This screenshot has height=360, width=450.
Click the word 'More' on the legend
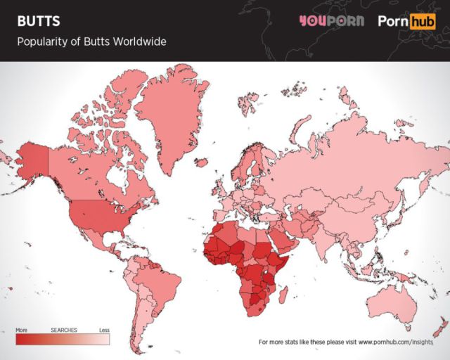click(x=21, y=329)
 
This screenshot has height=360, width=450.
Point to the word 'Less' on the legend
click(x=104, y=329)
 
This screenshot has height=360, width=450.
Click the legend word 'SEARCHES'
click(x=63, y=329)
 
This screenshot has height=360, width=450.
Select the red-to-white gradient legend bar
click(x=63, y=339)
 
